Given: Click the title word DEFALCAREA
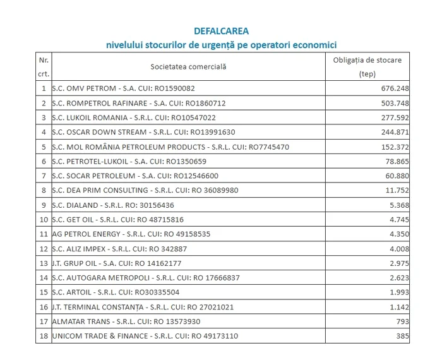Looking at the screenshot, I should (x=220, y=31).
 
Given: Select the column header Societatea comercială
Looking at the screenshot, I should (x=188, y=66).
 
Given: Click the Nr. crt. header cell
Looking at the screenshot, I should (x=43, y=66).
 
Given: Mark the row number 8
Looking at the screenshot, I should (x=43, y=190).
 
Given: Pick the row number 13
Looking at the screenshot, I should (x=43, y=263).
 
